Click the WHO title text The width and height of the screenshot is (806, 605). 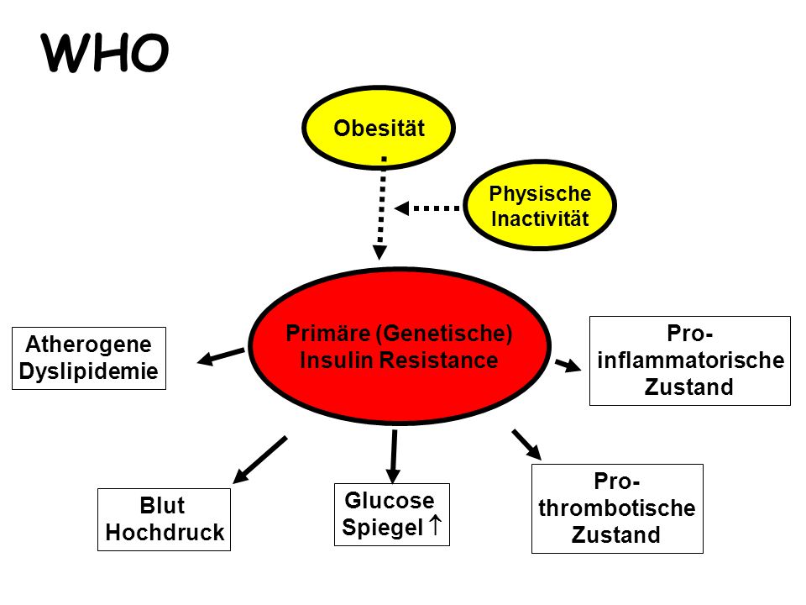[x=105, y=52]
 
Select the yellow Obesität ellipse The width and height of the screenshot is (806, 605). [x=379, y=128]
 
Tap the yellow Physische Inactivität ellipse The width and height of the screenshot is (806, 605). [x=540, y=205]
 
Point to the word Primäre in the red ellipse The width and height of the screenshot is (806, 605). [x=328, y=334]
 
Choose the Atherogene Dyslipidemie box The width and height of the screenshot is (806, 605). [x=89, y=358]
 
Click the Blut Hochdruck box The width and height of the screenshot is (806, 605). [x=164, y=519]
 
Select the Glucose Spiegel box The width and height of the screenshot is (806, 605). [x=392, y=514]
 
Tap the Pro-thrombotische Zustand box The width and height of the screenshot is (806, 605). [x=617, y=509]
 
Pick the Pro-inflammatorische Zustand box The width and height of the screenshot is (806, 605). [x=690, y=360]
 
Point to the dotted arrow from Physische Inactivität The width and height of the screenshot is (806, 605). [x=427, y=208]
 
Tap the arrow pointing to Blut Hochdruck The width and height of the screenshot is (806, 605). [x=259, y=460]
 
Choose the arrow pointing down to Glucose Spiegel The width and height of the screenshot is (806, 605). [x=393, y=456]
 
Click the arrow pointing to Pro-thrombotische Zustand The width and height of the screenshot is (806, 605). [x=526, y=445]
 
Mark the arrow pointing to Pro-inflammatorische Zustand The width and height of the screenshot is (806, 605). [x=568, y=366]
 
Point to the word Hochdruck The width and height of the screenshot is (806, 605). [x=165, y=533]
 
